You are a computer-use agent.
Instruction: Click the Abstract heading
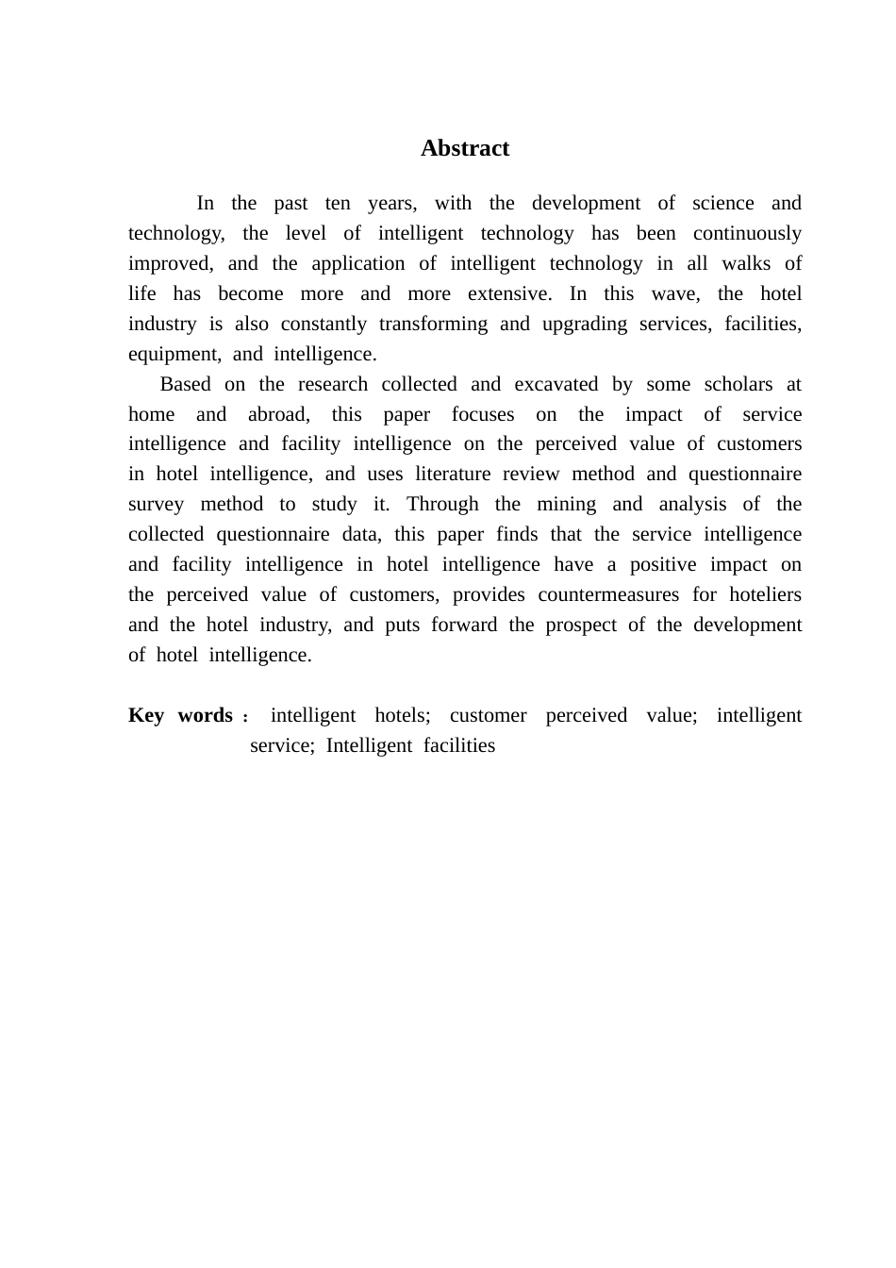tap(465, 148)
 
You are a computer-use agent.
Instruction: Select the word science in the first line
tap(722, 203)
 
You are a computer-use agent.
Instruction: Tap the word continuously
tap(747, 233)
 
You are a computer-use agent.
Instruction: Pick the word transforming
tap(433, 324)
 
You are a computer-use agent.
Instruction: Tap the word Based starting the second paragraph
tap(186, 384)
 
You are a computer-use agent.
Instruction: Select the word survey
tap(156, 504)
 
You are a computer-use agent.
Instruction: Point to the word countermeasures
tap(608, 594)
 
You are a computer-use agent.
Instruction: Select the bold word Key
tap(146, 715)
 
